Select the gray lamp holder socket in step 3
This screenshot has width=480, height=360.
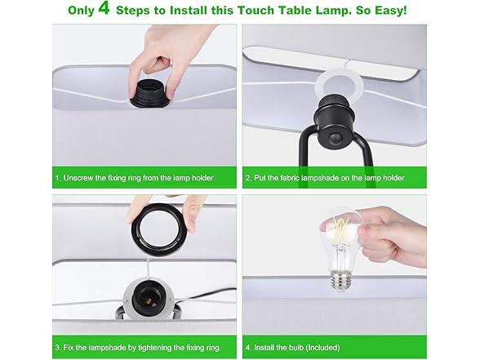click(x=147, y=300)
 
